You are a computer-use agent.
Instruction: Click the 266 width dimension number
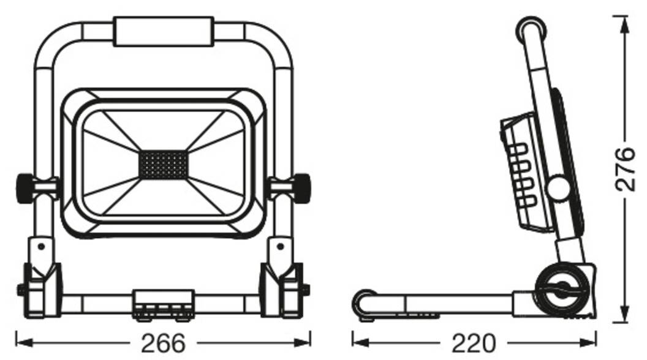click(163, 342)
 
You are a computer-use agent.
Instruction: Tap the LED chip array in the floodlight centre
click(163, 164)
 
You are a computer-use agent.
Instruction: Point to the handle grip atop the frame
click(163, 31)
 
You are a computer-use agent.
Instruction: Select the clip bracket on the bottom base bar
click(163, 304)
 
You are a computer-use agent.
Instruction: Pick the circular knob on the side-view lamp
click(559, 187)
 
